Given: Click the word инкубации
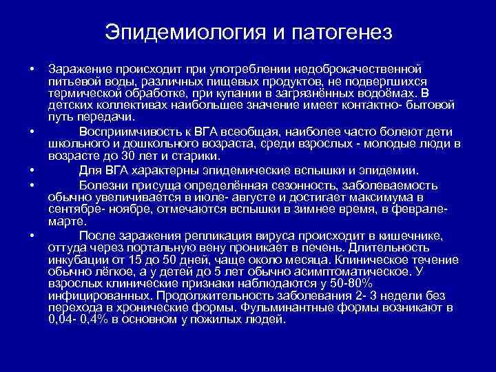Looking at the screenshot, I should click(78, 259).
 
